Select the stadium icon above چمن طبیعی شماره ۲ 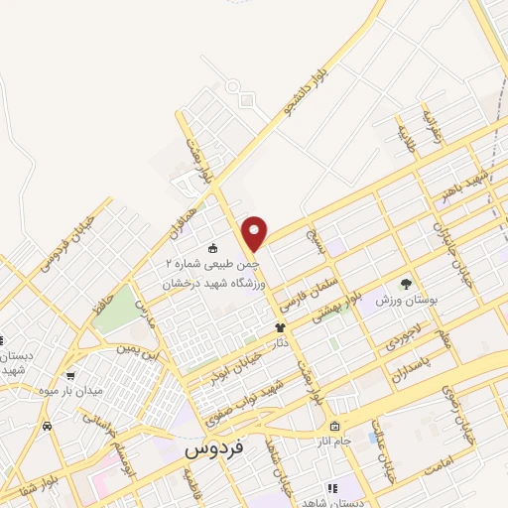pos(212,247)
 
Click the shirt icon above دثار pos(281,325)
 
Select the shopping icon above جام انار pos(336,425)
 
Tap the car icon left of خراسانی pos(48,425)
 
